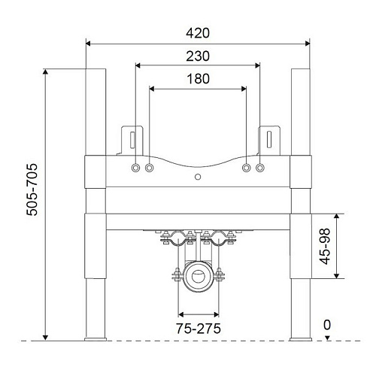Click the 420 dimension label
point(198,33)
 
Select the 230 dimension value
point(198,56)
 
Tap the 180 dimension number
point(198,79)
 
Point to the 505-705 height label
point(32,190)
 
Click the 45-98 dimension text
point(325,246)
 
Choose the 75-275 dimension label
point(199,329)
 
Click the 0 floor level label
point(327,325)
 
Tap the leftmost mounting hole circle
point(135,168)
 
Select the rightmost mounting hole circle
point(260,168)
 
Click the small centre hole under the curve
point(198,177)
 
